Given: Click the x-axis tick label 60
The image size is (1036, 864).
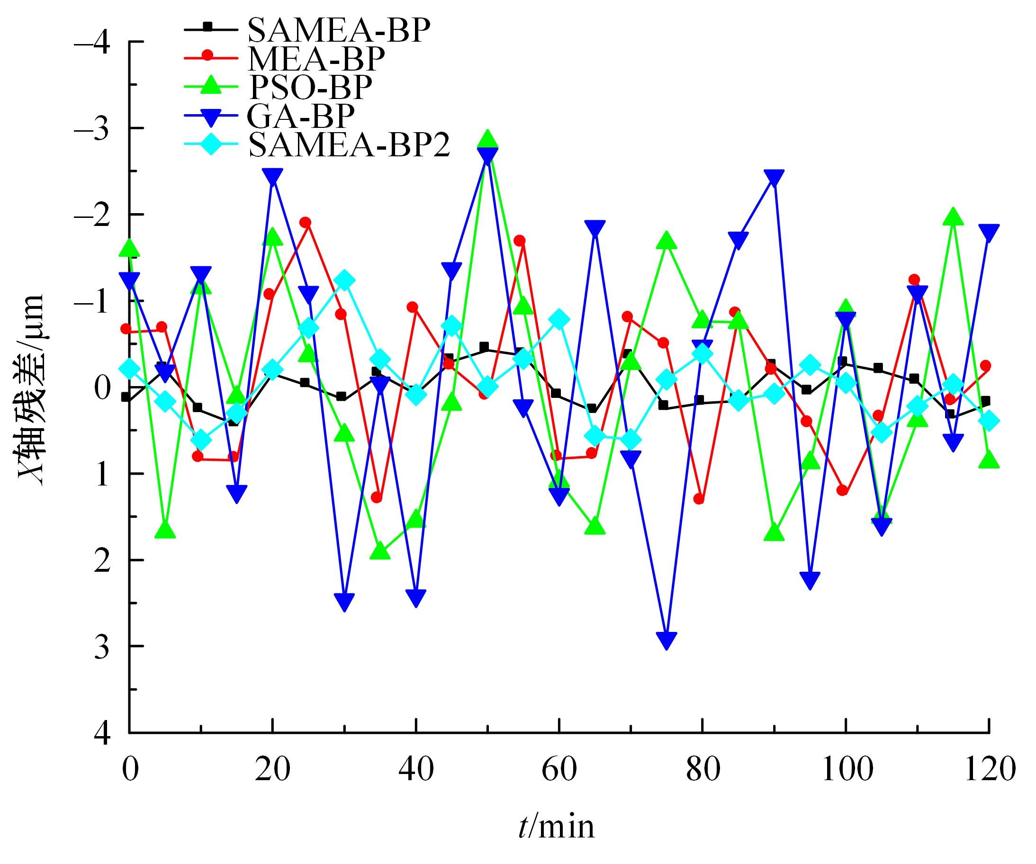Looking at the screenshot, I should click(x=559, y=770).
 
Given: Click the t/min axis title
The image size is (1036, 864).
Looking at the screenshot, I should click(x=557, y=827).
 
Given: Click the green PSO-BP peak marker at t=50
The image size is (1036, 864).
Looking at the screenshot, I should click(x=488, y=139).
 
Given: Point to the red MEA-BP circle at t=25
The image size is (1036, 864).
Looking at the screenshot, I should click(x=306, y=223).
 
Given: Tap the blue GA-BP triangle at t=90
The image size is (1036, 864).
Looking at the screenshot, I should click(x=774, y=178).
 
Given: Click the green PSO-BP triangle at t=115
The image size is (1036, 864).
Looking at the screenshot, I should click(x=953, y=216).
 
